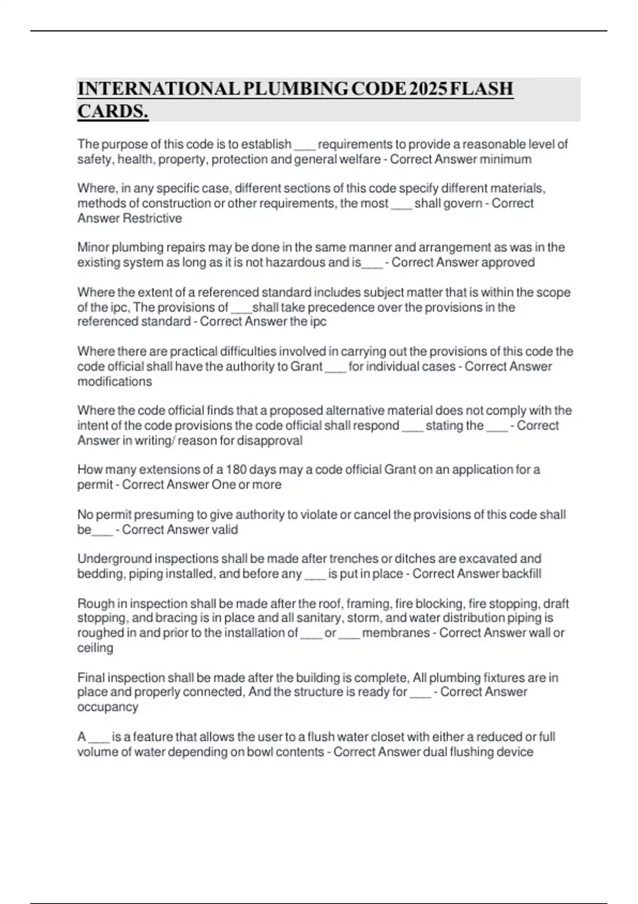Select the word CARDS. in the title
pyautogui.click(x=113, y=112)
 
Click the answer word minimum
pyautogui.click(x=505, y=160)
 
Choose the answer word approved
pyautogui.click(x=509, y=263)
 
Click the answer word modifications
pyautogui.click(x=115, y=382)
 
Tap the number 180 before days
pyautogui.click(x=236, y=470)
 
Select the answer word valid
pyautogui.click(x=225, y=530)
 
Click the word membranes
pyautogui.click(x=396, y=633)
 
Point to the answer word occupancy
pyautogui.click(x=108, y=707)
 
